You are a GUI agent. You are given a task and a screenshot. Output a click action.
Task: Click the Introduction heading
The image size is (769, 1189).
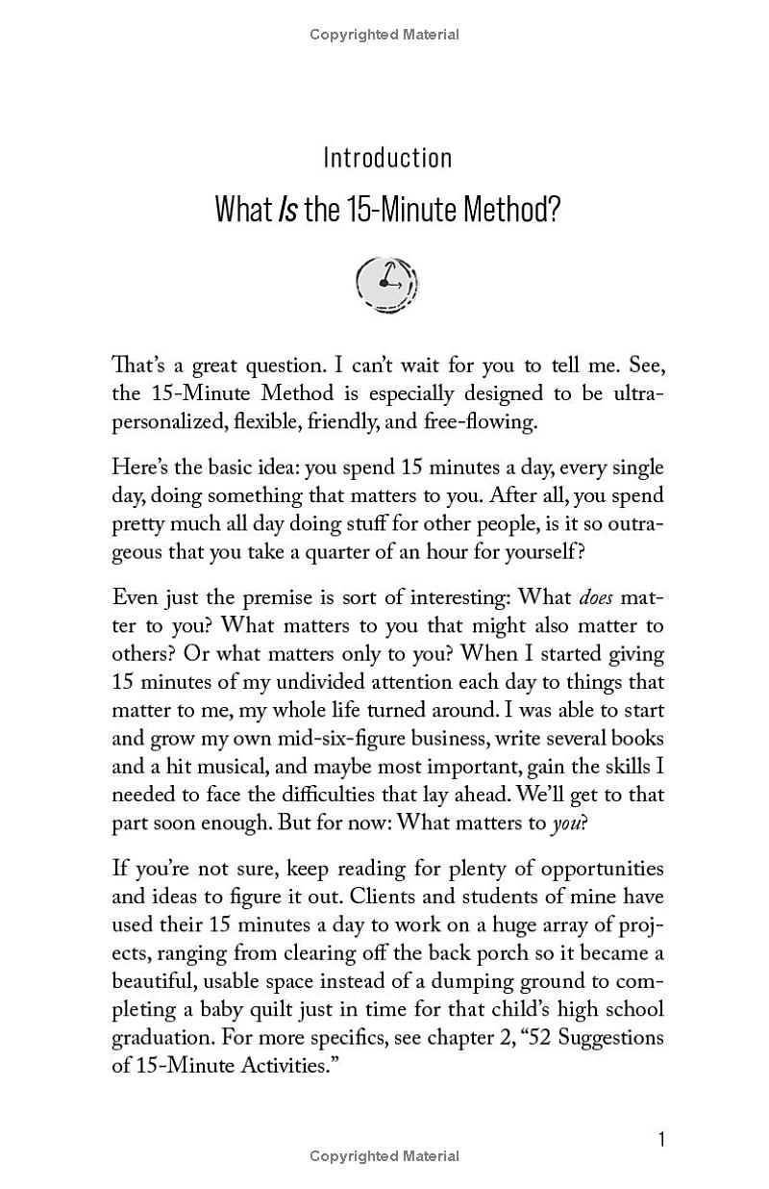pyautogui.click(x=387, y=158)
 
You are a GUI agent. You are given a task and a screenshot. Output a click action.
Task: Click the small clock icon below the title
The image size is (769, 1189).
pyautogui.click(x=387, y=283)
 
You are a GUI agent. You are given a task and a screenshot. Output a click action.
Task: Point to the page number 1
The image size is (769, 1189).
pyautogui.click(x=661, y=1139)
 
